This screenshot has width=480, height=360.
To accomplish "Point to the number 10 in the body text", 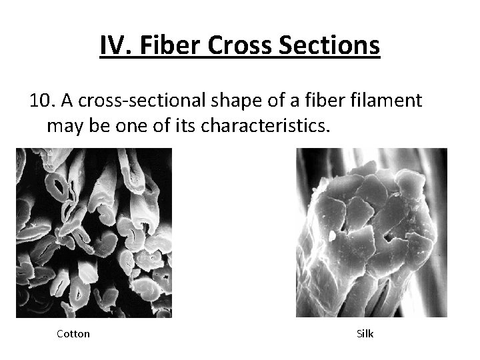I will coord(40,101).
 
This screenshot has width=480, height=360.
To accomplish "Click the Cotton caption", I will coord(73,333).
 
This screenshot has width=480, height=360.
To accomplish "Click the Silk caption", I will coord(365,333).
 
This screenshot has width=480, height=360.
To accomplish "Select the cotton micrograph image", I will coord(94,233).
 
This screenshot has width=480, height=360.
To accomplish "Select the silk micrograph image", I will coord(371,233).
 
